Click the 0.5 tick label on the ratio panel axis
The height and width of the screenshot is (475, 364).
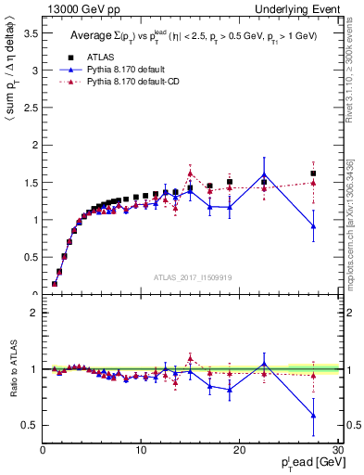[x=30, y=426]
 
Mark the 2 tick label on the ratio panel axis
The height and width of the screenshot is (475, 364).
[x=34, y=313]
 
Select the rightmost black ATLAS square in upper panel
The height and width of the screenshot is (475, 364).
[x=313, y=173]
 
